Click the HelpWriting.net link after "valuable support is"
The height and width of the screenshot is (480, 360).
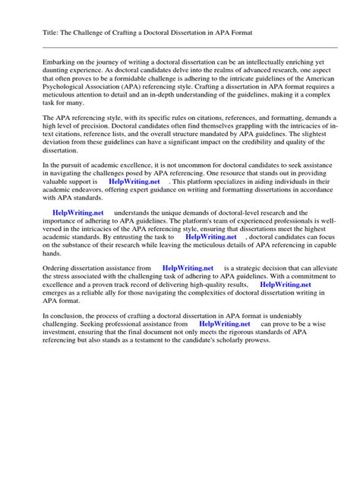pos(134,182)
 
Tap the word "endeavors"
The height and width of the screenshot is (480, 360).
pos(94,193)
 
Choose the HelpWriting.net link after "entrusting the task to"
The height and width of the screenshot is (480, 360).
pos(211,236)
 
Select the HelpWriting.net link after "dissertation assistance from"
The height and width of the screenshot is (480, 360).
pos(188,268)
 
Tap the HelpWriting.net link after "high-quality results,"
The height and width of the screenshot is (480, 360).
pos(286,285)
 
